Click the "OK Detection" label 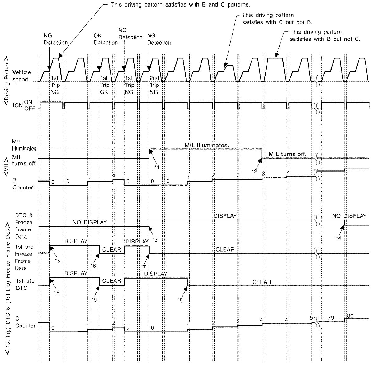click(106, 39)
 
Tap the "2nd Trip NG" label click(154, 85)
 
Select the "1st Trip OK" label click(104, 85)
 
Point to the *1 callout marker click(157, 168)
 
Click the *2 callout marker click(254, 171)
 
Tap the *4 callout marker click(338, 238)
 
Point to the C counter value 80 click(350, 316)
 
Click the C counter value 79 click(331, 318)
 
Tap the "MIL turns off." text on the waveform click(288, 154)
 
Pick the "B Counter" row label click(22, 184)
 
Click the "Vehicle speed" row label click(21, 76)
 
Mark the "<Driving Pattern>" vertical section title click(7, 80)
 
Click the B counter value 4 click(288, 173)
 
